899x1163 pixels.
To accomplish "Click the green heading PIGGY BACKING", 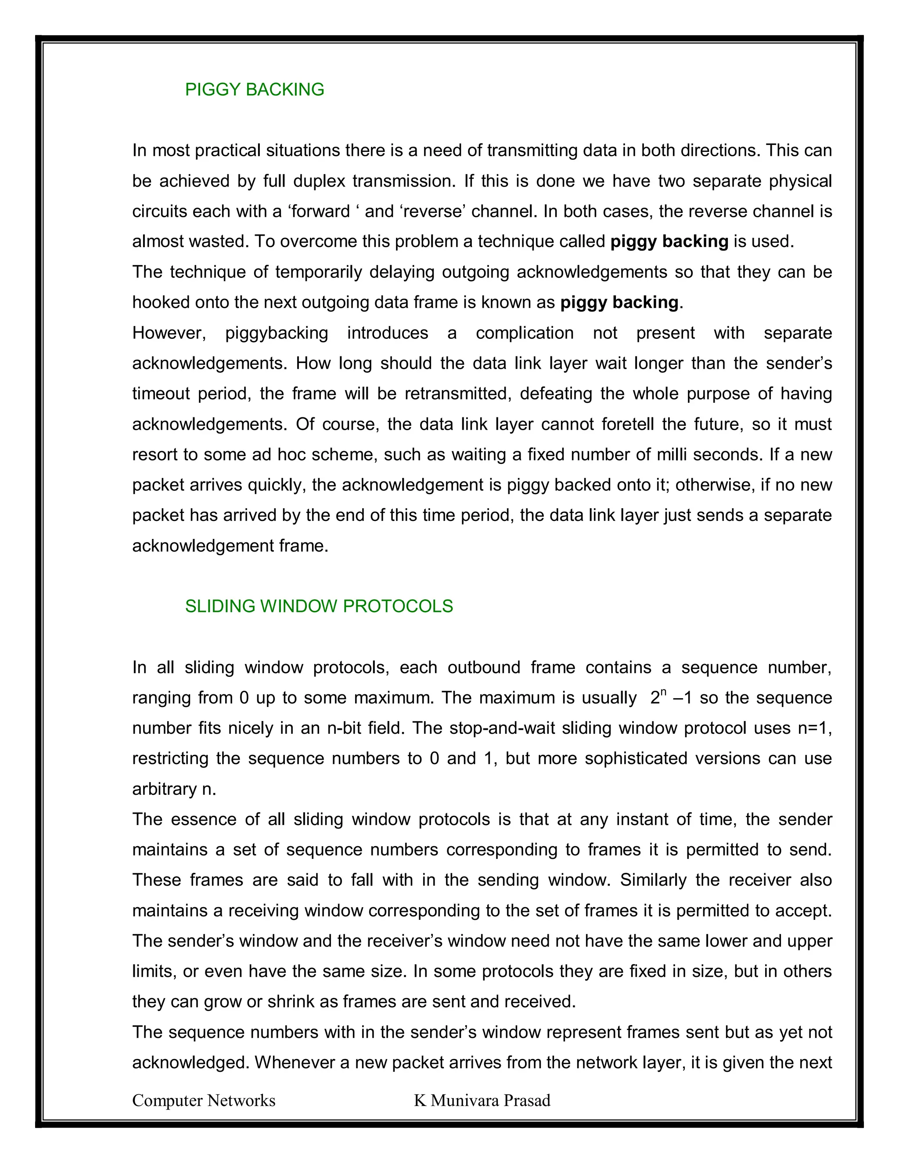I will point(255,90).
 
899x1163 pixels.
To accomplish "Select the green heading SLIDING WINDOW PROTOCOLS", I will point(319,606).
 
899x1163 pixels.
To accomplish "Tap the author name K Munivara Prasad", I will point(482,1100).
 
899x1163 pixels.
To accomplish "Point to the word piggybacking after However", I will point(277,333).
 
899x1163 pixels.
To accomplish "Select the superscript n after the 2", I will point(663,692).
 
